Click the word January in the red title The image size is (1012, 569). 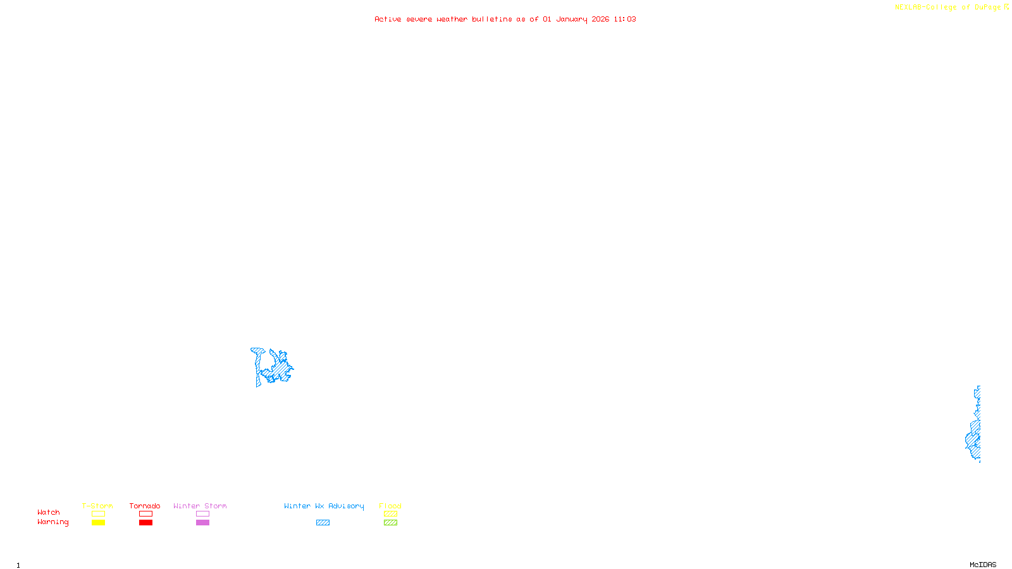(571, 20)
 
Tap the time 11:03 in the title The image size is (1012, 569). (625, 20)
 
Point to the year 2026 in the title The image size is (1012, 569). (600, 20)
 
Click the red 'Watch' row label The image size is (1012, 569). (49, 513)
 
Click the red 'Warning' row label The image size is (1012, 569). (52, 522)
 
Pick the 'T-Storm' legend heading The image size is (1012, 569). (97, 506)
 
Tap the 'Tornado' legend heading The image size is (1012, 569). (145, 506)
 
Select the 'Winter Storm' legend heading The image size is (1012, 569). (200, 506)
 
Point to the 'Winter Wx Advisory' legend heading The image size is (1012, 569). (324, 506)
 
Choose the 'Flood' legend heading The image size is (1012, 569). (390, 506)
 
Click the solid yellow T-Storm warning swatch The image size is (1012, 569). (98, 523)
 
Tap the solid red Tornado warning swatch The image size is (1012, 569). (145, 523)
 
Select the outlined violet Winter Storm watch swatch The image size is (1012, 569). (202, 514)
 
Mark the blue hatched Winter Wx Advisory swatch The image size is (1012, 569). (323, 523)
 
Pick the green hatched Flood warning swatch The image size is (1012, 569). (390, 523)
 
